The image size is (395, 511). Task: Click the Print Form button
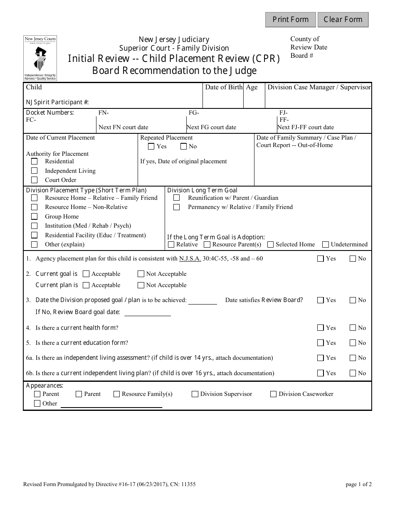pyautogui.click(x=291, y=20)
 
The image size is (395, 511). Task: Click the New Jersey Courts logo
pyautogui.click(x=40, y=58)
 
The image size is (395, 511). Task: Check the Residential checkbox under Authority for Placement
pyautogui.click(x=35, y=162)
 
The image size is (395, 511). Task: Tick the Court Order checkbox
pyautogui.click(x=35, y=180)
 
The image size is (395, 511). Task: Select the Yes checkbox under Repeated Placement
pyautogui.click(x=151, y=146)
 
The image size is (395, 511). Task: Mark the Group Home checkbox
pyautogui.click(x=35, y=216)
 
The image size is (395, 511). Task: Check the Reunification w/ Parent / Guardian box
pyautogui.click(x=177, y=198)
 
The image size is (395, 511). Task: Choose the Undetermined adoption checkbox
pyautogui.click(x=326, y=245)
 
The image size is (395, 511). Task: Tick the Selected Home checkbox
pyautogui.click(x=270, y=245)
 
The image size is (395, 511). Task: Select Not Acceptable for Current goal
pyautogui.click(x=141, y=274)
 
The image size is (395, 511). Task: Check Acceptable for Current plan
pyautogui.click(x=86, y=285)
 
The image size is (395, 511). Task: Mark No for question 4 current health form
pyautogui.click(x=353, y=328)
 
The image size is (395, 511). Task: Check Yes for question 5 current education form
pyautogui.click(x=320, y=343)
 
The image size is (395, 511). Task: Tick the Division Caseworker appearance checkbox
pyautogui.click(x=273, y=394)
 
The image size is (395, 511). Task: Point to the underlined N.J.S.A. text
pyautogui.click(x=190, y=258)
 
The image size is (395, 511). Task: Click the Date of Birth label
pyautogui.click(x=224, y=87)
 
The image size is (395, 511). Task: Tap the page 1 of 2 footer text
pyautogui.click(x=358, y=484)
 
